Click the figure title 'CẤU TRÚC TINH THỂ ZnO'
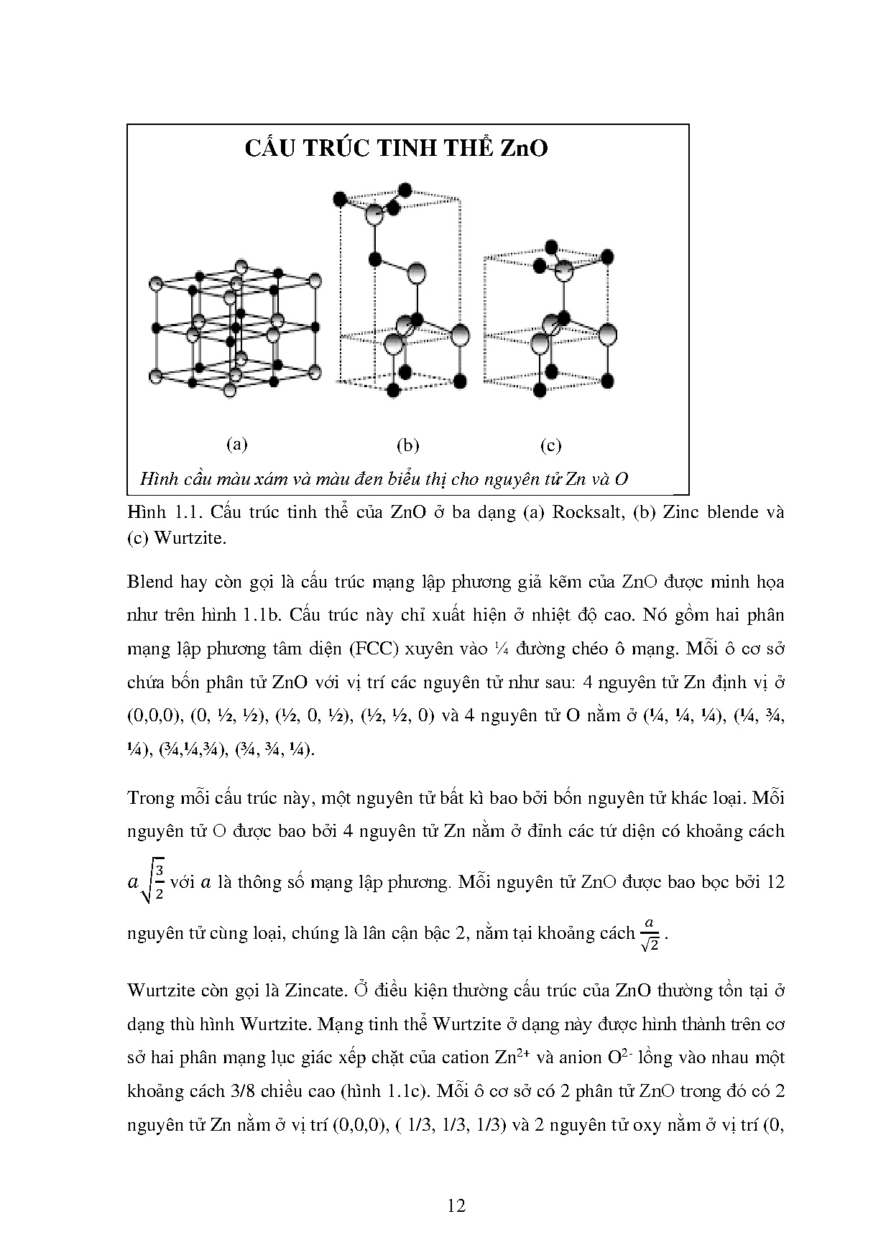click(x=396, y=148)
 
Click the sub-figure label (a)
click(x=236, y=444)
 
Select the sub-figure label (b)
click(x=407, y=445)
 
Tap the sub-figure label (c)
click(x=550, y=445)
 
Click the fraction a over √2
click(x=650, y=935)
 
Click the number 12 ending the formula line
click(x=775, y=881)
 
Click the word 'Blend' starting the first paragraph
click(x=149, y=581)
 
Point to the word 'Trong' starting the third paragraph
click(x=149, y=797)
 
